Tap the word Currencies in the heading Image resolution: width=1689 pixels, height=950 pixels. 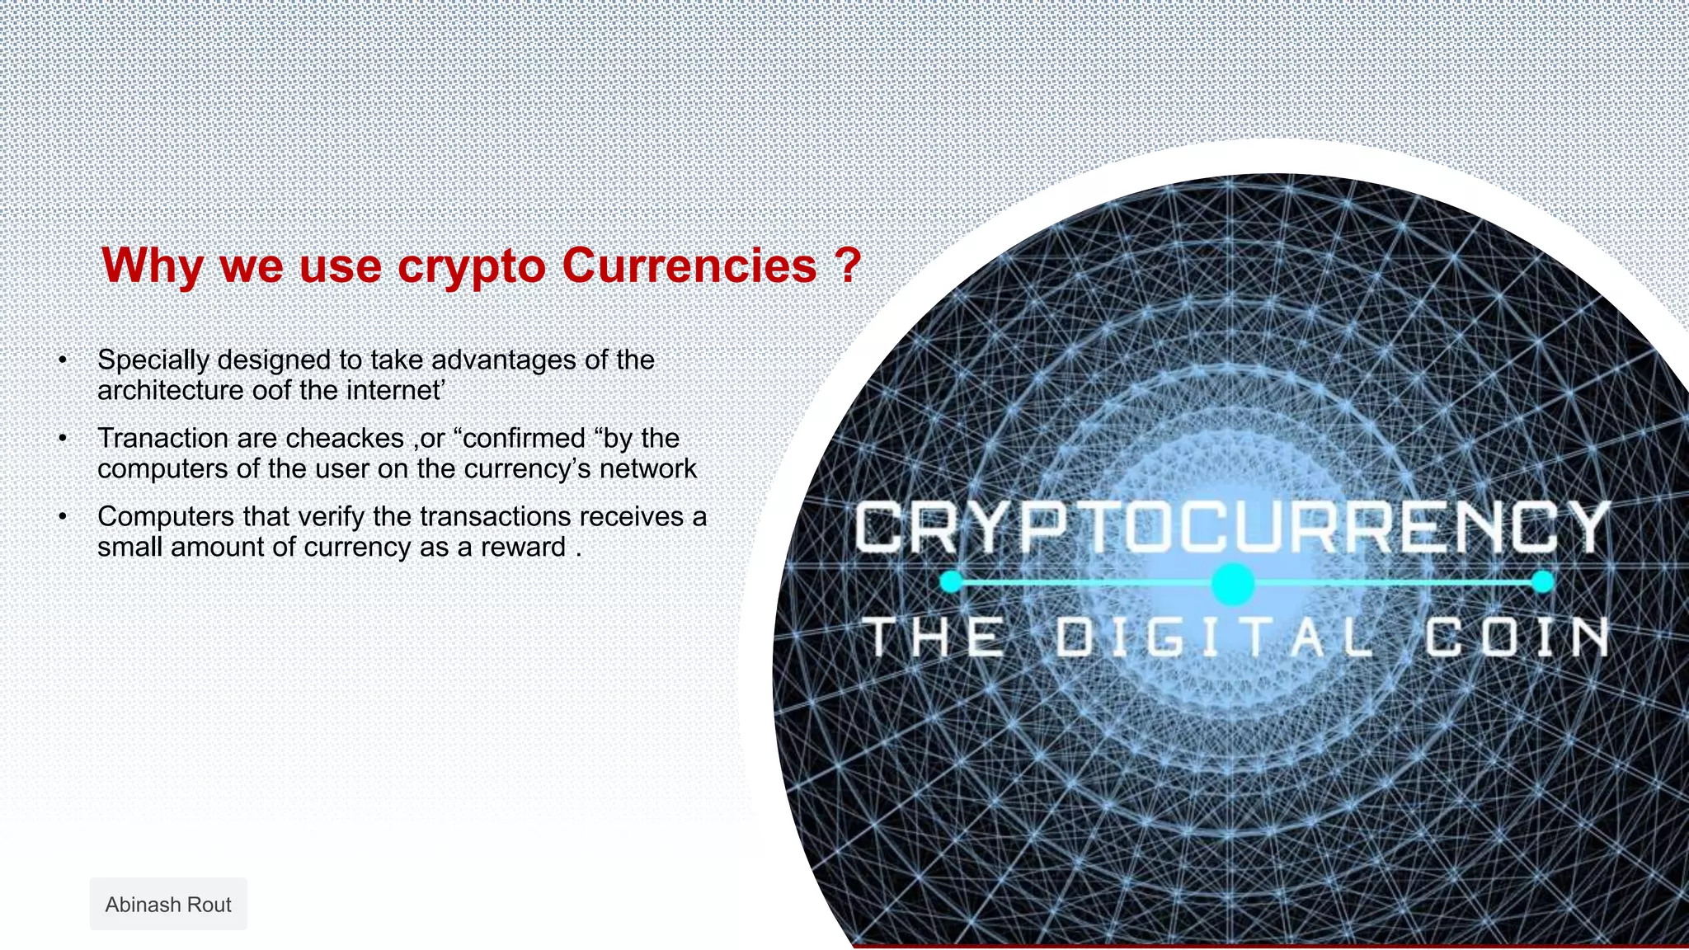click(689, 266)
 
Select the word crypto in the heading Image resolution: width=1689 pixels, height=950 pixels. click(471, 267)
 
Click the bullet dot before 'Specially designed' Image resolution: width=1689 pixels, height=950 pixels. click(63, 360)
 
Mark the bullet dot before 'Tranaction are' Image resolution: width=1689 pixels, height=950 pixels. click(63, 439)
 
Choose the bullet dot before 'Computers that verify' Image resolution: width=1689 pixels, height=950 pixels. click(63, 517)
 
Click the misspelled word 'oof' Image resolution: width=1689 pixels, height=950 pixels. click(272, 390)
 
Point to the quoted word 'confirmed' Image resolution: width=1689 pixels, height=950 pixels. click(524, 438)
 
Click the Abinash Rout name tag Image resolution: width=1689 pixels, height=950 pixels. click(168, 905)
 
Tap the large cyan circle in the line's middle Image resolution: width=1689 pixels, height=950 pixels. click(1233, 584)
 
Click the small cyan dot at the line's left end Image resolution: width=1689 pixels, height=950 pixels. click(951, 582)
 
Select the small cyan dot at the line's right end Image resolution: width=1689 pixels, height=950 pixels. click(1543, 582)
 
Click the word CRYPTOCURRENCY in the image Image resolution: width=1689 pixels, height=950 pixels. click(1231, 528)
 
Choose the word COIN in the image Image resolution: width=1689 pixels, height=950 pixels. click(1516, 637)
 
